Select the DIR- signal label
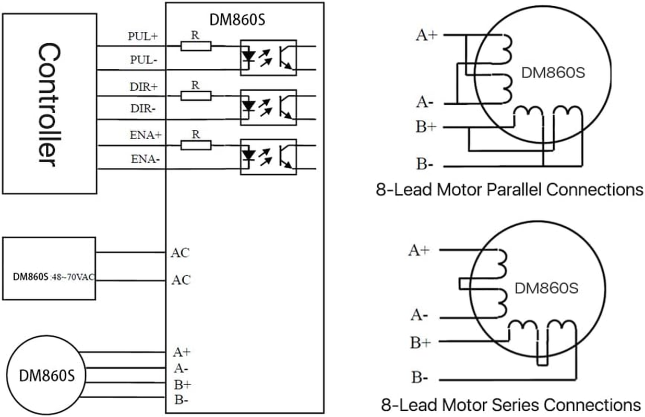point(144,108)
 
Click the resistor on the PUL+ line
point(196,46)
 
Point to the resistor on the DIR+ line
point(196,95)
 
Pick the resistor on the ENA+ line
point(196,145)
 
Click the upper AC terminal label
point(181,253)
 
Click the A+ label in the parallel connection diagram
point(426,35)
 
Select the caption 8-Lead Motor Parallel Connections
point(509,190)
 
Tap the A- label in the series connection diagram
point(420,315)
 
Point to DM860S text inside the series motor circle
point(546,288)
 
